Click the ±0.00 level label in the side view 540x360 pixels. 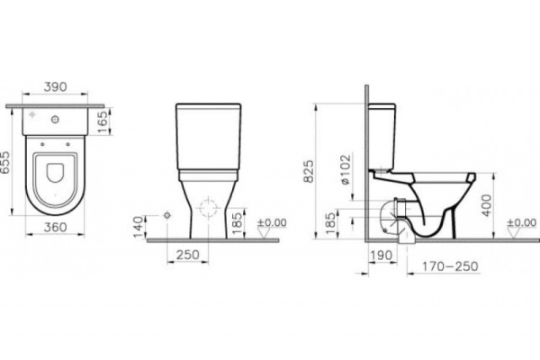521,222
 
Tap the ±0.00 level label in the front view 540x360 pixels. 272,221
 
